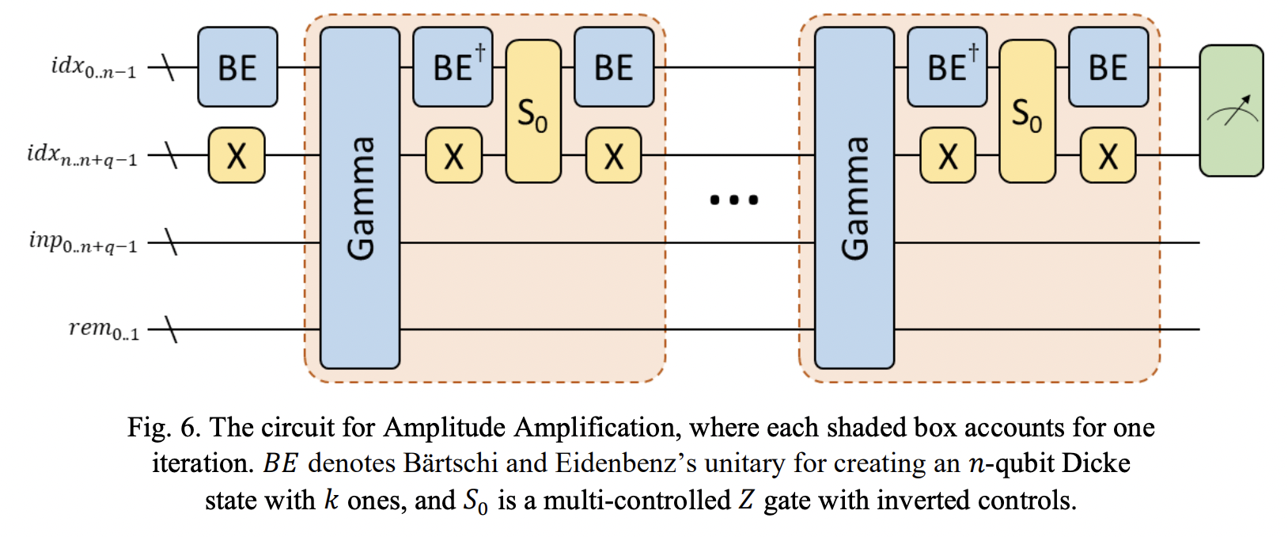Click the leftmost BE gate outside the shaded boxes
tap(237, 67)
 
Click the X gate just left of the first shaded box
tap(237, 155)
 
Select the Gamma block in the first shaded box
tap(360, 198)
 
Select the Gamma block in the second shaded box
tap(854, 198)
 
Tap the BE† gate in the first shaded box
tap(453, 67)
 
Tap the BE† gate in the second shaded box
tap(947, 67)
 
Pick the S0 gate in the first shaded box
tap(533, 112)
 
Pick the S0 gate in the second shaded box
tap(1027, 112)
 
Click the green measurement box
tap(1231, 111)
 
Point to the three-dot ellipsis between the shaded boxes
tap(733, 200)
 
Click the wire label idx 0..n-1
tap(93, 67)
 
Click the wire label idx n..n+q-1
tap(81, 154)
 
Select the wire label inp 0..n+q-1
tap(83, 242)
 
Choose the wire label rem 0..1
tap(104, 329)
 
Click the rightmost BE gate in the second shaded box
tap(1108, 67)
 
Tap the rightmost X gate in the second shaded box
tap(1108, 155)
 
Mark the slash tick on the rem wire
tap(169, 329)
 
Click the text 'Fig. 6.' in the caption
tap(162, 428)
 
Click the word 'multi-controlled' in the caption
tap(637, 501)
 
